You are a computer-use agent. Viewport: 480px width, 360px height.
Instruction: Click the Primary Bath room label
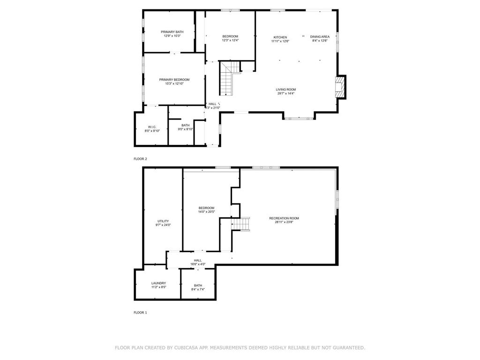172,32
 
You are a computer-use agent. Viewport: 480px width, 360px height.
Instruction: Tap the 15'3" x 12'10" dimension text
174,83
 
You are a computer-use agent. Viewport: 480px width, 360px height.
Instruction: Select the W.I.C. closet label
152,127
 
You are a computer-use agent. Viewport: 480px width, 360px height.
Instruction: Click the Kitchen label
280,37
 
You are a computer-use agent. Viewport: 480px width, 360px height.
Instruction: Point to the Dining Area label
320,37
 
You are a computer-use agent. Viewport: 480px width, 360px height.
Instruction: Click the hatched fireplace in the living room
339,87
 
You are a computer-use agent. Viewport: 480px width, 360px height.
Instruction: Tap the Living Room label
286,90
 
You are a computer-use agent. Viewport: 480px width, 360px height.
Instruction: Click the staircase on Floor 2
228,78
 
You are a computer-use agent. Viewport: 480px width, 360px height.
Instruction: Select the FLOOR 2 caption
140,159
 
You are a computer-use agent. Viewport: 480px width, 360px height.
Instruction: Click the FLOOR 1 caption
140,313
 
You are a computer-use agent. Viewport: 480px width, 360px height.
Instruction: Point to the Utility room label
163,221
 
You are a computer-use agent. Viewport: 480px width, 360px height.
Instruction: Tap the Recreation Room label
284,218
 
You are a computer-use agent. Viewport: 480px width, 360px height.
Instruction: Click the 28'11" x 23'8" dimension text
284,222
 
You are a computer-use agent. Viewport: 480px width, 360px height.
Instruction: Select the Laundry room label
158,283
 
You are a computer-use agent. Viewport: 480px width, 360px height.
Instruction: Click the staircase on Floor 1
240,224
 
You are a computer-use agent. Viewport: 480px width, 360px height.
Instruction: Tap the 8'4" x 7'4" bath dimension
198,289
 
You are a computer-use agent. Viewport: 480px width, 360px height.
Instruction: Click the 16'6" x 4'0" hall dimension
198,264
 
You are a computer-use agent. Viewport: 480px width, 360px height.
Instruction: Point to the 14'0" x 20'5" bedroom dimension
206,211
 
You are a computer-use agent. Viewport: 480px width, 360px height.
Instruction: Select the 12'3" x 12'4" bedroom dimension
230,40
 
